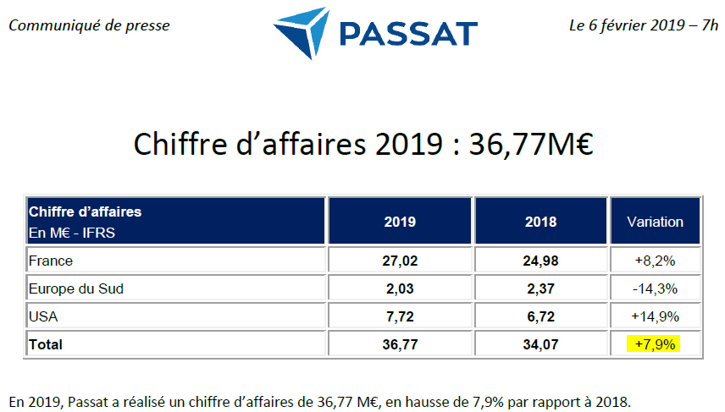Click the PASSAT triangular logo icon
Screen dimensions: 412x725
302,31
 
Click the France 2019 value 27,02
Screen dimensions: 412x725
399,261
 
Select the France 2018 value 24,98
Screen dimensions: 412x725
540,261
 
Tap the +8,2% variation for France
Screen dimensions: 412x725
655,261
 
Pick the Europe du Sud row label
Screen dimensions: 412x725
76,288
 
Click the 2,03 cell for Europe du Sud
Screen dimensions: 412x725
399,288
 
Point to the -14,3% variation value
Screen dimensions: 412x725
655,288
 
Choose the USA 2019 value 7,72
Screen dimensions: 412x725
399,316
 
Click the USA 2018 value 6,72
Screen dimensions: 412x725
540,316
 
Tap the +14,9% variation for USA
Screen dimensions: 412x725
655,316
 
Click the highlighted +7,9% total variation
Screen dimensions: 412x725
655,344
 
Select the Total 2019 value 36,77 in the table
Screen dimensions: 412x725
399,344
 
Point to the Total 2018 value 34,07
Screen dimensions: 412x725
540,344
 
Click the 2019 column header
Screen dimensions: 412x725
399,222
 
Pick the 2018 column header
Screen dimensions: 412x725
540,222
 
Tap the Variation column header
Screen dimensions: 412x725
655,222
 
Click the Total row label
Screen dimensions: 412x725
46,344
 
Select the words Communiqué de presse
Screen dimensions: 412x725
89,25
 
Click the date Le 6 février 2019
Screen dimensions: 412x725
627,25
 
